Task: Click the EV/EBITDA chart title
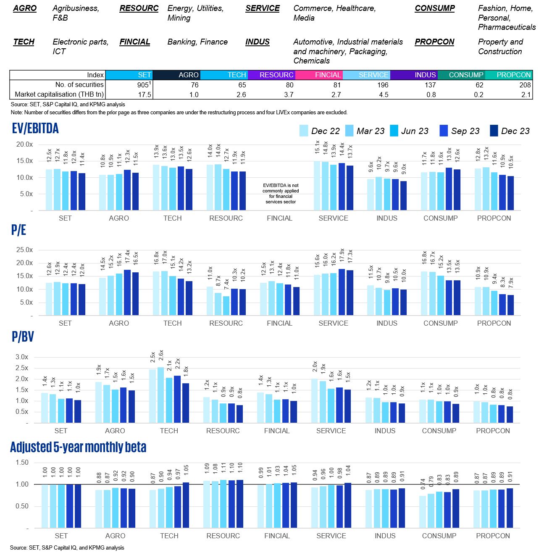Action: coord(35,129)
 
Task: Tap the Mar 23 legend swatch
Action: coord(349,131)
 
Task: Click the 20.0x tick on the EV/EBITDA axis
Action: coord(24,145)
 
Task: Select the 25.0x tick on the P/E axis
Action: coord(24,250)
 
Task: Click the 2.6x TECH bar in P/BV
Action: coord(160,395)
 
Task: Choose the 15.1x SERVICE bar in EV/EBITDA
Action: coord(317,186)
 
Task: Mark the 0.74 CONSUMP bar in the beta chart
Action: coord(423,512)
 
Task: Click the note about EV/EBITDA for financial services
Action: coord(281,193)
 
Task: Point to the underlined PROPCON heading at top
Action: coord(434,42)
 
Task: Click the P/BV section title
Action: coord(23,337)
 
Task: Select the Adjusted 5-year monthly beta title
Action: coord(78,447)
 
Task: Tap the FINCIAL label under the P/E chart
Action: coord(279,323)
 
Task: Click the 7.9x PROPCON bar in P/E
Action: coord(510,305)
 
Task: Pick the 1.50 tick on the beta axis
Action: coord(22,463)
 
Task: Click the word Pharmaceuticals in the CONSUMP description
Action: coord(507,27)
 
